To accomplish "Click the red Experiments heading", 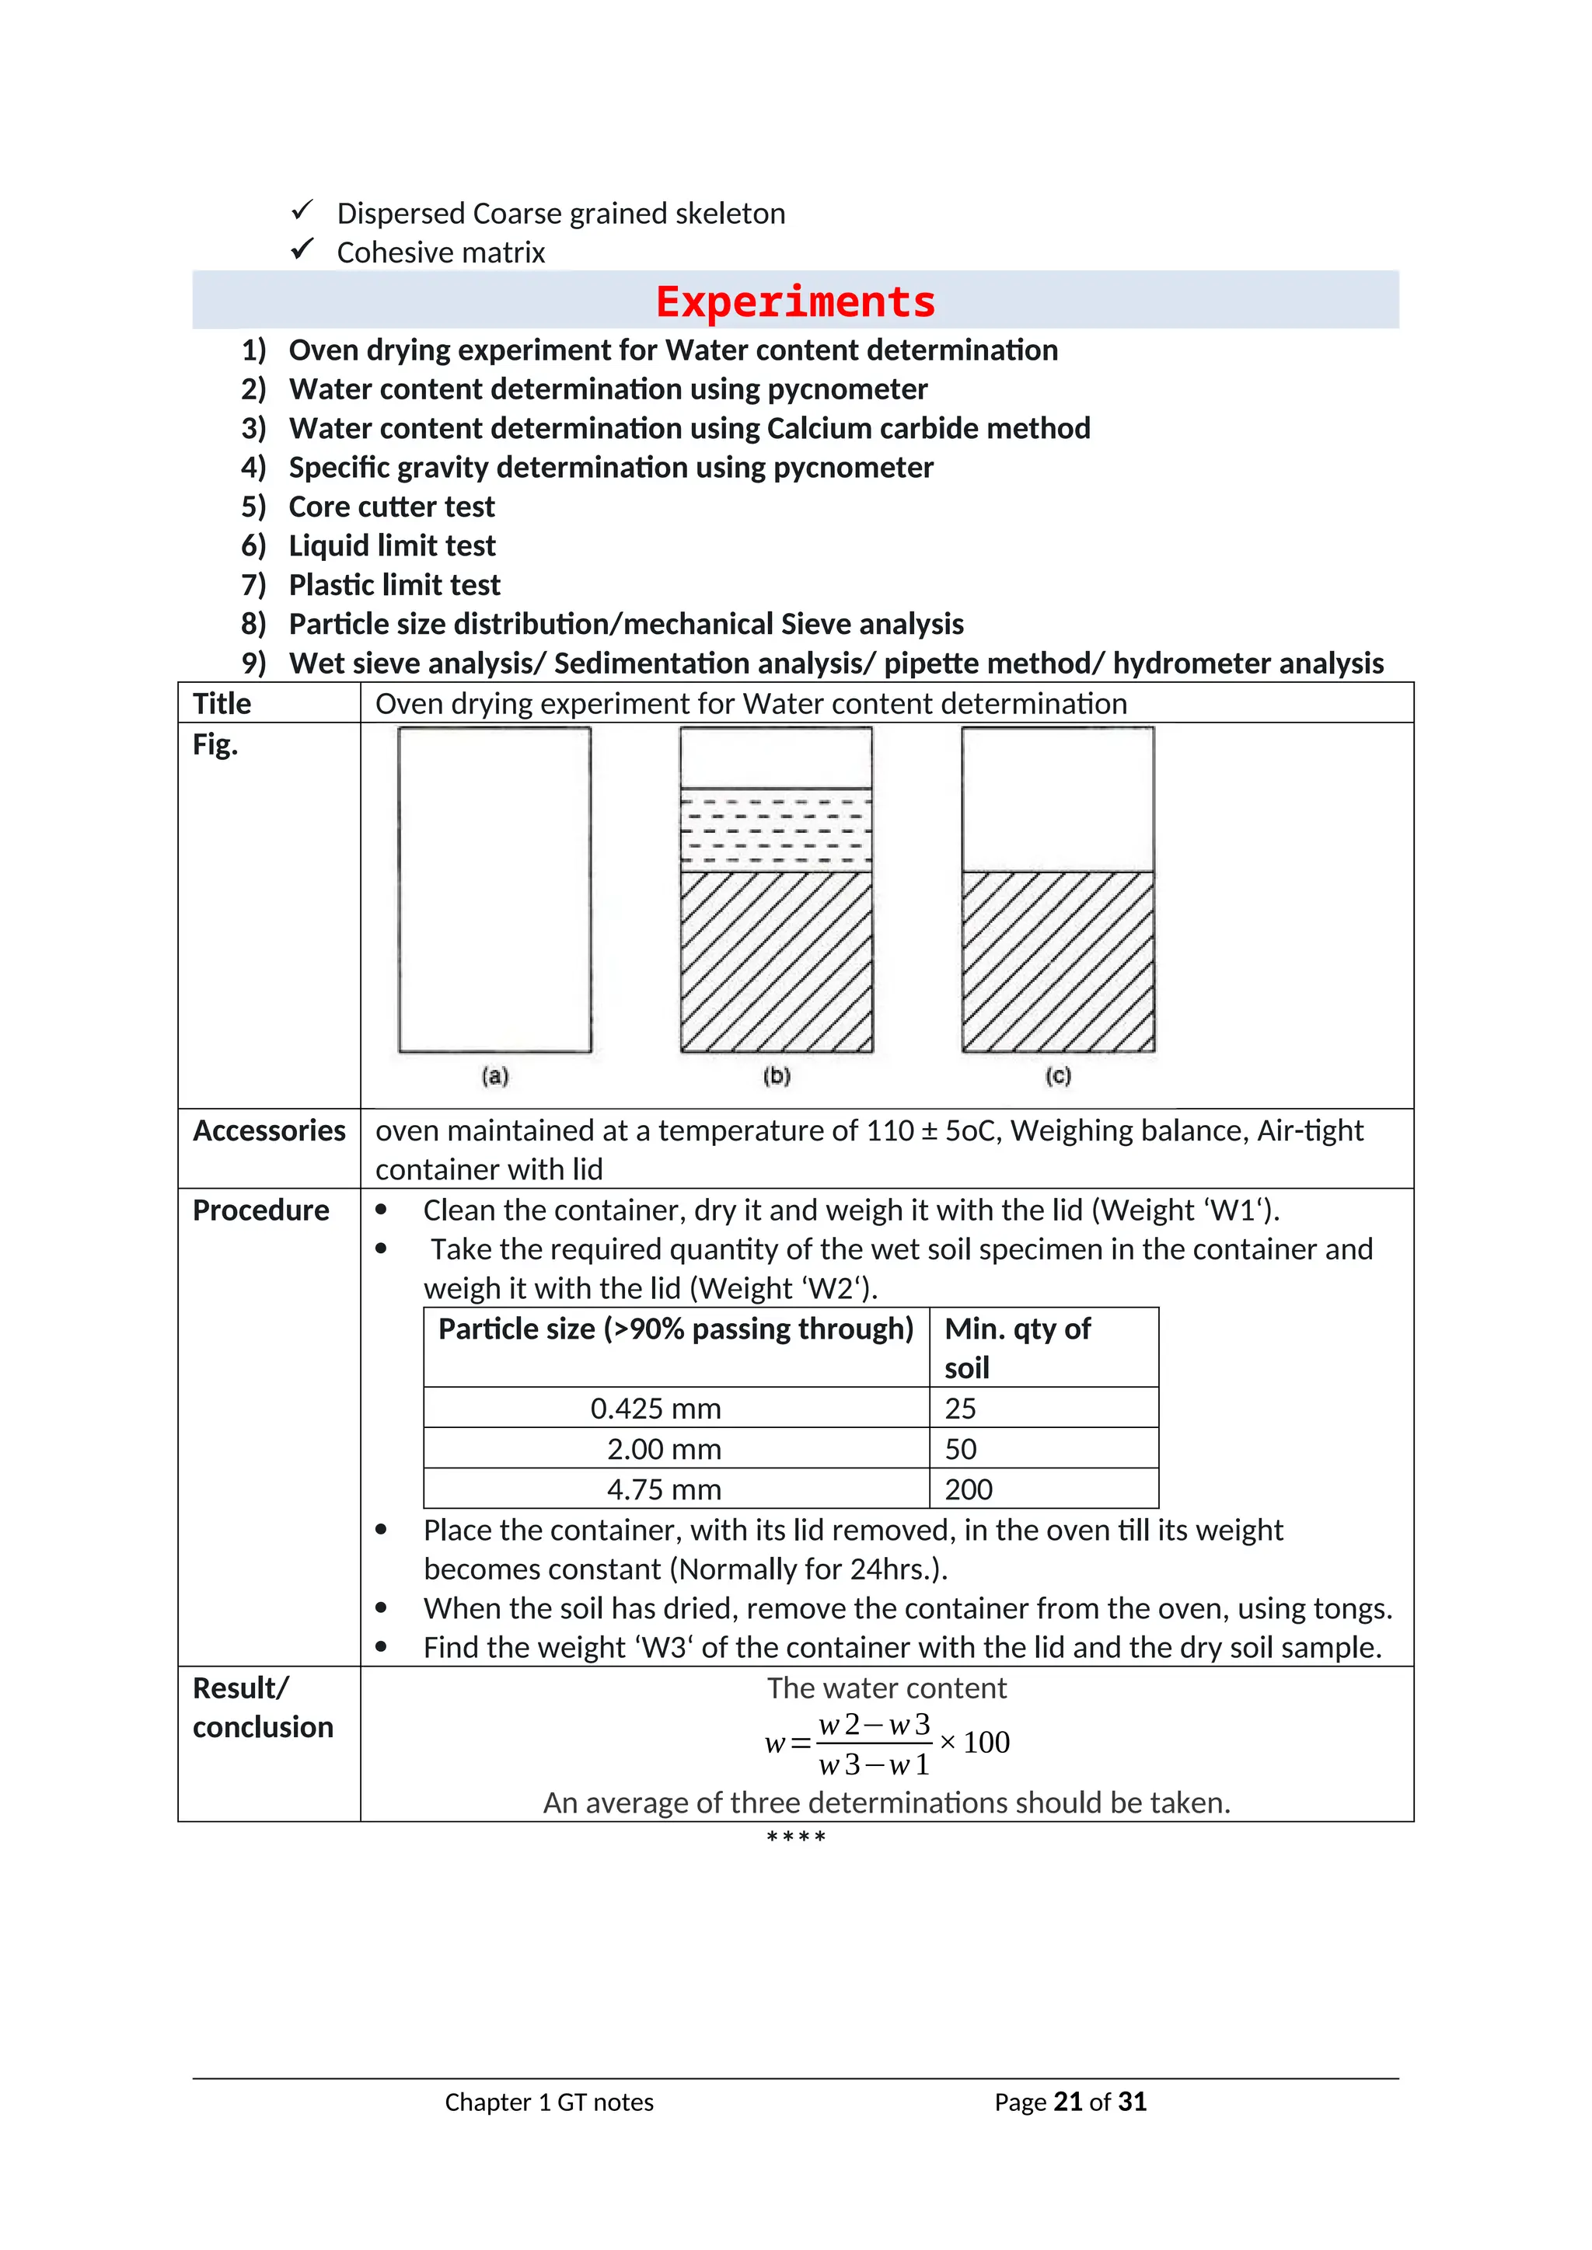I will coord(795,301).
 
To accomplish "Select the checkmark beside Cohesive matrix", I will coord(302,250).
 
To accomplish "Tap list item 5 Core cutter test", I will coord(391,507).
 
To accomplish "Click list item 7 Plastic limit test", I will coord(394,585).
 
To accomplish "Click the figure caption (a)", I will coord(495,1076).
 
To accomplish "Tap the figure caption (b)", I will coord(777,1076).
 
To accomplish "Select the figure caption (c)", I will coord(1058,1076).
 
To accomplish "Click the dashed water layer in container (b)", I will coord(777,829).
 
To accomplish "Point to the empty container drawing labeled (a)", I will coord(495,889).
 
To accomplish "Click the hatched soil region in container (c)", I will coord(1058,960).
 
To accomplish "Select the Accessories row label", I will coord(269,1131).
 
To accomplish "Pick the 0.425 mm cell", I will coord(656,1409).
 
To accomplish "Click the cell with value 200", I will coord(969,1489).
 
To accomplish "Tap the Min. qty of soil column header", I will coord(1017,1347).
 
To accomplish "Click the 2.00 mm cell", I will coord(664,1449).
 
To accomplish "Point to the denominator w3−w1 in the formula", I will coord(874,1765).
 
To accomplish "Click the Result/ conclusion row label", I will coord(262,1708).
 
